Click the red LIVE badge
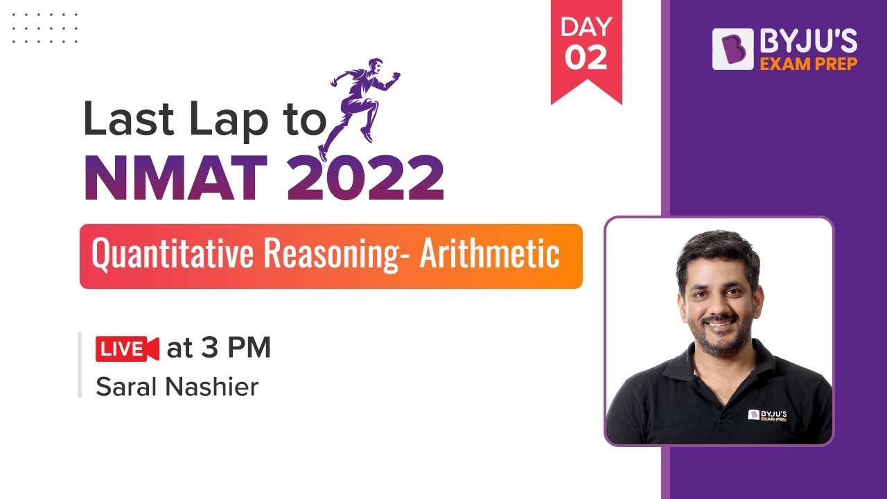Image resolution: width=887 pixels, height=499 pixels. (x=127, y=349)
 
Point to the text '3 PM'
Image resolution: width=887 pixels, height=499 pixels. (x=236, y=348)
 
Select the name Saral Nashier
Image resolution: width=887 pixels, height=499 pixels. (x=177, y=387)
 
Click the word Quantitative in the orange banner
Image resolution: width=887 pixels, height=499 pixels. (x=175, y=255)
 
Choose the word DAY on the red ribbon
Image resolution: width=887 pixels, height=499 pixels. (x=586, y=28)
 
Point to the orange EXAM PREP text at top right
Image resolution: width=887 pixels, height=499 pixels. (x=809, y=64)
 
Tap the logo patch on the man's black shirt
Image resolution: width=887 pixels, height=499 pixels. (x=767, y=415)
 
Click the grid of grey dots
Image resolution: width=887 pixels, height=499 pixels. (x=45, y=28)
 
